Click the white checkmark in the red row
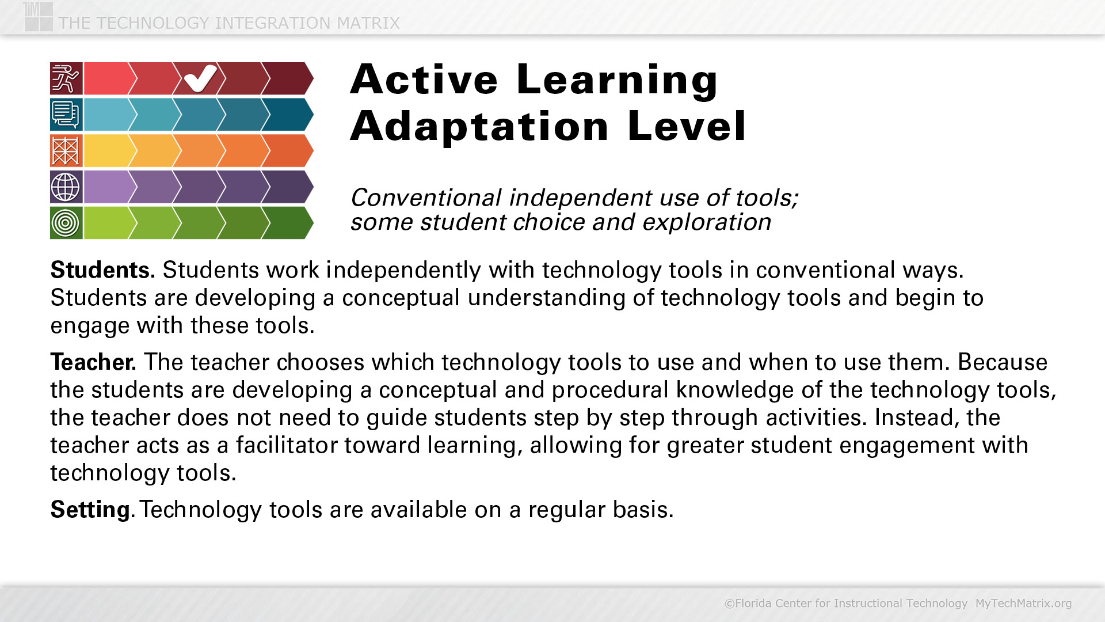200,78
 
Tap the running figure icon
66,78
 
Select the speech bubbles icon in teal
66,115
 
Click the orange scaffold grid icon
66,151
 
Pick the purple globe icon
66,187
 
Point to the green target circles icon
66,223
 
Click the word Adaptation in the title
479,126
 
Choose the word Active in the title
424,79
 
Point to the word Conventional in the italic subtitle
426,198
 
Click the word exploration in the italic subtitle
707,222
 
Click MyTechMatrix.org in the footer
1023,603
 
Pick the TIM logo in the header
39,16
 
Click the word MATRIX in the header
368,23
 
